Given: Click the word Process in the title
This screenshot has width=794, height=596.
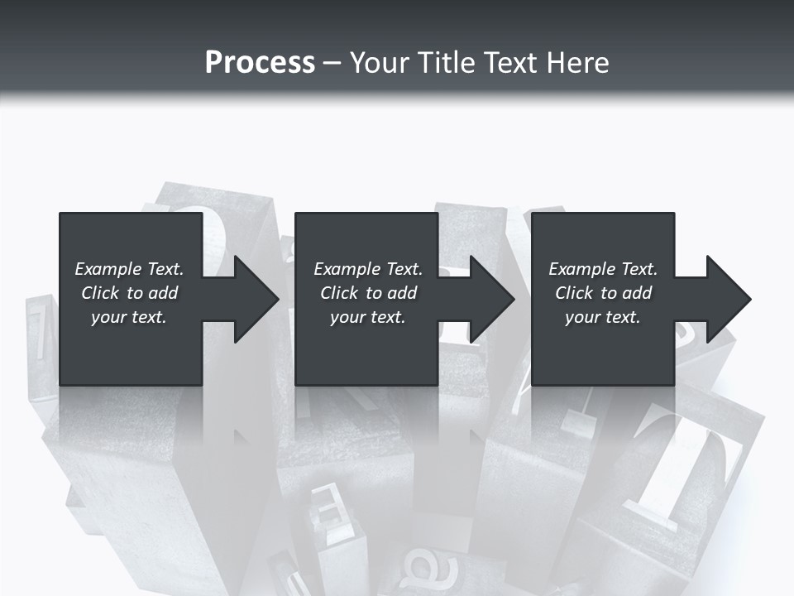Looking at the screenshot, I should [x=260, y=63].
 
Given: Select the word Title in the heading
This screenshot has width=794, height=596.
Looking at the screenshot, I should [x=447, y=63].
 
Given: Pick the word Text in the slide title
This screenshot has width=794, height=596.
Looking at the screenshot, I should [x=513, y=63].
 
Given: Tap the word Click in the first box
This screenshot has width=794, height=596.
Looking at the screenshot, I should [x=99, y=293].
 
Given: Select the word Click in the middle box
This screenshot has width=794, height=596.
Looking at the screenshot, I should [x=338, y=293].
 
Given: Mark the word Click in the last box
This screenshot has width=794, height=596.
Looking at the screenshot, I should [x=573, y=293].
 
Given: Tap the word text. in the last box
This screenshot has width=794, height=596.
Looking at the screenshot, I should [x=622, y=317].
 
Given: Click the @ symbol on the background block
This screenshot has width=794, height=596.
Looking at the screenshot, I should [x=423, y=570].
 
